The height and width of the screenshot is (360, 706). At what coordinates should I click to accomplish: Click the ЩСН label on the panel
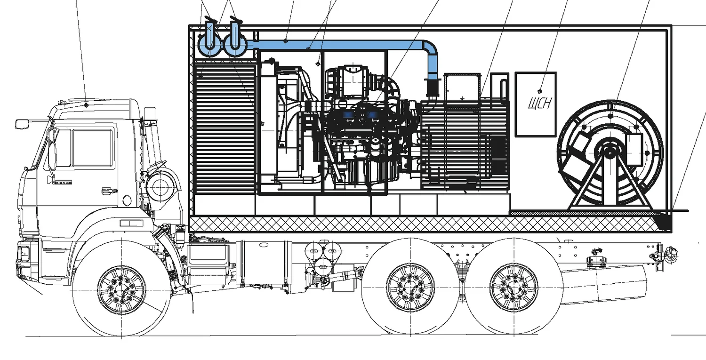(539, 103)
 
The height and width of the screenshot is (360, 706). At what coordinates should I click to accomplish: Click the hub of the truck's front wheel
(121, 288)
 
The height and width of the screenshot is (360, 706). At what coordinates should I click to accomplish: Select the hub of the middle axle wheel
(410, 288)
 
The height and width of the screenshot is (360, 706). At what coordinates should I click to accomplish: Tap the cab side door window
(92, 148)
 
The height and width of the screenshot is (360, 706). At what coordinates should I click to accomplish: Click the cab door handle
(109, 191)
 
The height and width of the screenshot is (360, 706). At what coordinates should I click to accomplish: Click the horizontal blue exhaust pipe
(339, 45)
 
